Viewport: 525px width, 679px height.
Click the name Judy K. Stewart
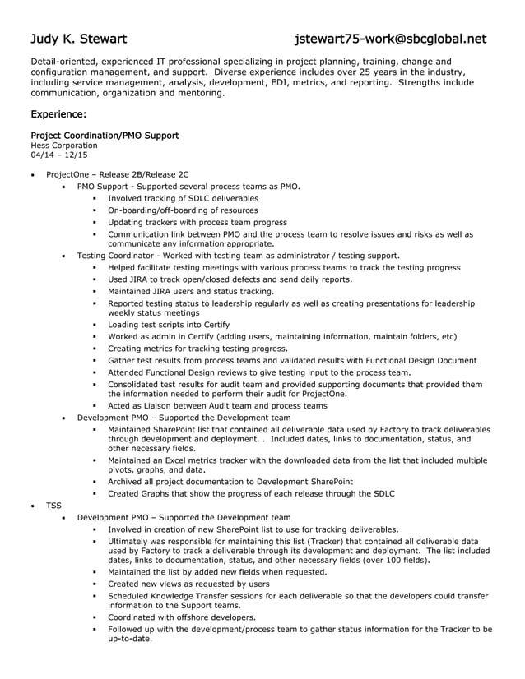point(79,39)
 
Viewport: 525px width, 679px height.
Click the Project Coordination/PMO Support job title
point(105,135)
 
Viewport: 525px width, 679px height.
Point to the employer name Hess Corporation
point(63,145)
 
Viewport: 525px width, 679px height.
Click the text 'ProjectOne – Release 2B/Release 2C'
point(117,175)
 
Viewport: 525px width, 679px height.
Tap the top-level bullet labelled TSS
point(53,505)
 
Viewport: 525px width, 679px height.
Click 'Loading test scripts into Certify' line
point(169,325)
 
